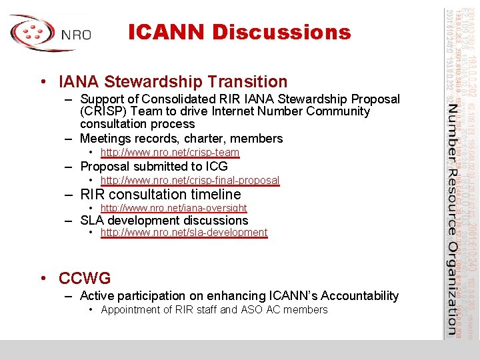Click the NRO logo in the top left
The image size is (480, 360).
pyautogui.click(x=50, y=33)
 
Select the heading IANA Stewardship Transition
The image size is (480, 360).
pyautogui.click(x=173, y=82)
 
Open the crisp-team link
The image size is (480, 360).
pyautogui.click(x=169, y=153)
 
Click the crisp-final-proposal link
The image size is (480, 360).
pyautogui.click(x=189, y=181)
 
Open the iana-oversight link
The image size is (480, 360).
pyautogui.click(x=173, y=208)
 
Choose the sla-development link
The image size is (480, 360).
pyautogui.click(x=183, y=233)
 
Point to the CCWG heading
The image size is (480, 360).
pyautogui.click(x=85, y=278)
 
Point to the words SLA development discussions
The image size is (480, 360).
pyautogui.click(x=163, y=221)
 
